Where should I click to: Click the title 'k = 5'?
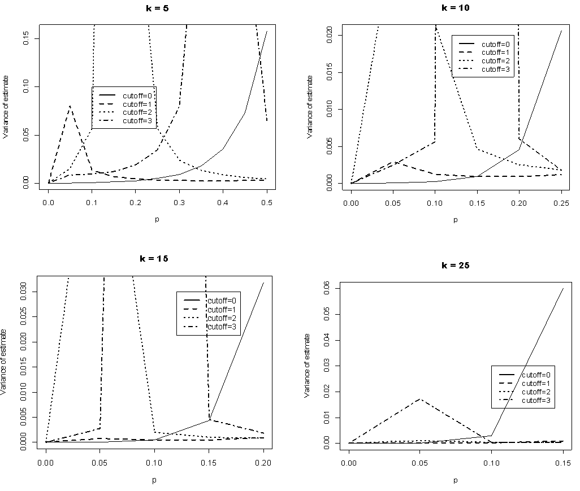153,9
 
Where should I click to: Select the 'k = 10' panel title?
455,8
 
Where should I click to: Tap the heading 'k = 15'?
154,258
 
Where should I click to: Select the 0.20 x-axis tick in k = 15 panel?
264,462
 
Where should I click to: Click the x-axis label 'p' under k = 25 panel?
455,480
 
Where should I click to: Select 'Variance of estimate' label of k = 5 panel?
5,106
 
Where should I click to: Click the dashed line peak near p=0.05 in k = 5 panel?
70,106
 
